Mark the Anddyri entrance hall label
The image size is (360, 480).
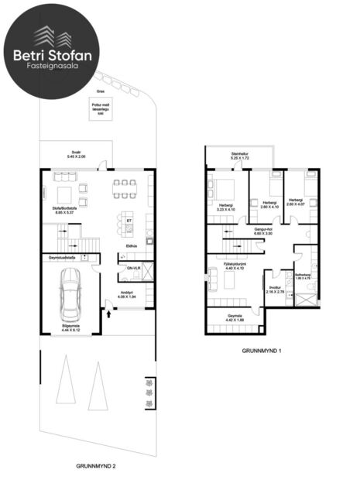click(x=125, y=294)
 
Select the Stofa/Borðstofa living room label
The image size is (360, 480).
click(x=70, y=207)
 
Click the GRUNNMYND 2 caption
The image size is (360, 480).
click(x=97, y=467)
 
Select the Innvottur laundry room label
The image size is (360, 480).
click(x=276, y=289)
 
